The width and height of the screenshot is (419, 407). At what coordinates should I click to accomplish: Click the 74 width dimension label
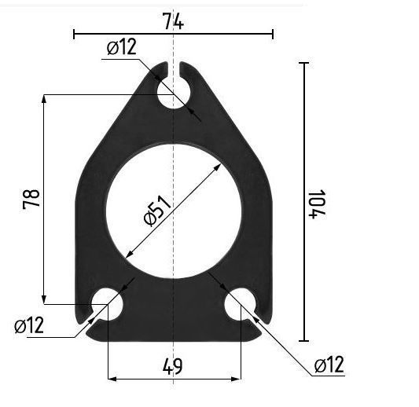[173, 21]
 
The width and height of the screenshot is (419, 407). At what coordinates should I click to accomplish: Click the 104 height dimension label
[317, 204]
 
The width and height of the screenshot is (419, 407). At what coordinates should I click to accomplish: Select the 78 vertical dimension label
[31, 200]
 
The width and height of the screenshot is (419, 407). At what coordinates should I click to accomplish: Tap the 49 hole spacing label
[173, 366]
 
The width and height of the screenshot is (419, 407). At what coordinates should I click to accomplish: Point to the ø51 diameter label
[157, 211]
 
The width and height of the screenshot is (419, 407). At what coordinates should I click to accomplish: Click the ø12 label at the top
[122, 46]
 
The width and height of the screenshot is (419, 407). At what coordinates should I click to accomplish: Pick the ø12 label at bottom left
[29, 325]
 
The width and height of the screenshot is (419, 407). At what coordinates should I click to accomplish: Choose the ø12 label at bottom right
[329, 365]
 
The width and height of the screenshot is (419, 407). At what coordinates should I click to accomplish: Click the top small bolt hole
[174, 93]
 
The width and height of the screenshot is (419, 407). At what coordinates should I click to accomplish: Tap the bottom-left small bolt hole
[107, 304]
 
